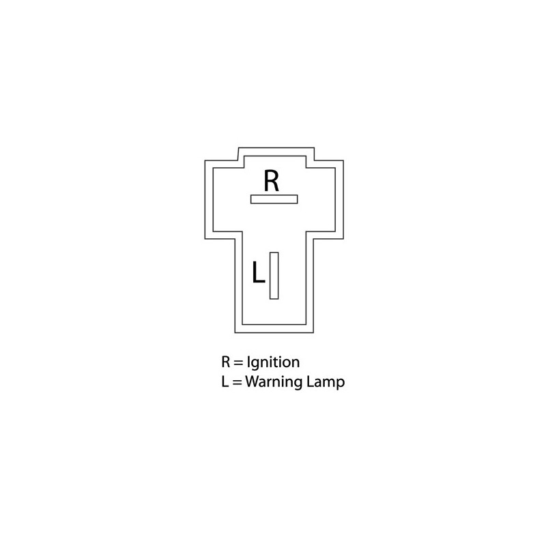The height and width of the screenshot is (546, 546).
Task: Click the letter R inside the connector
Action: pos(271,180)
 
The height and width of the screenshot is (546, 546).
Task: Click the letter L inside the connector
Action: pos(258,272)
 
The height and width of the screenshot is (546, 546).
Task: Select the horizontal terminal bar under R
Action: pos(274,199)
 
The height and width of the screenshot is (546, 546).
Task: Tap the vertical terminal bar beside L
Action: pos(274,276)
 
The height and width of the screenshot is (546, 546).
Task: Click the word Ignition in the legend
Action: pos(273,363)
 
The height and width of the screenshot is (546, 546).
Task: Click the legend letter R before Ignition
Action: pos(226,362)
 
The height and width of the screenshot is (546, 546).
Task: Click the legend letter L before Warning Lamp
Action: pos(225,382)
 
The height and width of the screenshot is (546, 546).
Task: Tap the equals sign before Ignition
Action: pos(238,363)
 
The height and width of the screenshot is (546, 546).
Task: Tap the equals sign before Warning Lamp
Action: pos(237,382)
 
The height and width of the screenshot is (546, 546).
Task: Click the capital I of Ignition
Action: pos(248,362)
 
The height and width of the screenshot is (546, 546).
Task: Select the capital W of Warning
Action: pos(253,382)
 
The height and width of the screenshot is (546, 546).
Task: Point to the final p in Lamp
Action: pos(341,384)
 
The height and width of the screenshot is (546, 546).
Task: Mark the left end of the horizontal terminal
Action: pos(250,199)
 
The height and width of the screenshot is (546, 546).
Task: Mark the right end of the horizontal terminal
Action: pos(298,199)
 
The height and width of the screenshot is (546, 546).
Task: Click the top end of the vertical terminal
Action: pos(274,253)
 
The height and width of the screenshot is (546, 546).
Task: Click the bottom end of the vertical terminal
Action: pos(274,299)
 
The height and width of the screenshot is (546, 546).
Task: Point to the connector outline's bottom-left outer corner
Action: pos(235,332)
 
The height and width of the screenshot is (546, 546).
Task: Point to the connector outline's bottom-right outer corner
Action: pos(313,332)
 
